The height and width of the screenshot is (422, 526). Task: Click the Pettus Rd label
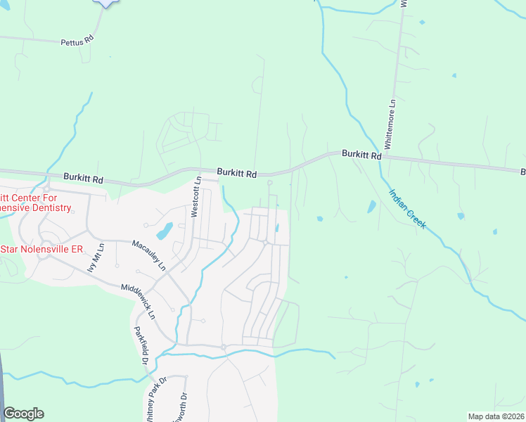click(78, 42)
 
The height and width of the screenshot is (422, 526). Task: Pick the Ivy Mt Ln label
click(95, 257)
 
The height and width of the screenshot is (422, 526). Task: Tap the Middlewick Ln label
click(137, 298)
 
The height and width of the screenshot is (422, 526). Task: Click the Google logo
click(23, 414)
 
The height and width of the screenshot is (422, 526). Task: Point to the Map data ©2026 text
click(496, 416)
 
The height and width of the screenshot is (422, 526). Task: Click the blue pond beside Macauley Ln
click(164, 230)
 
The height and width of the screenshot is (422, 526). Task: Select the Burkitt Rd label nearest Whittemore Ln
click(361, 153)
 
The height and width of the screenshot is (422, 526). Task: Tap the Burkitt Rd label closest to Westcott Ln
click(236, 172)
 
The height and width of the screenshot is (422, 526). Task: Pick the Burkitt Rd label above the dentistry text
click(83, 179)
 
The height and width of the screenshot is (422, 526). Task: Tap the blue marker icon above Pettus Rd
click(105, 2)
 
